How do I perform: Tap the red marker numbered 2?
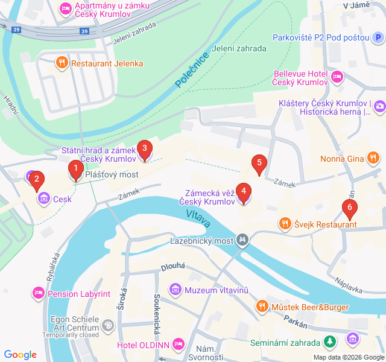[37, 179]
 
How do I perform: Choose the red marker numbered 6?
[349, 209]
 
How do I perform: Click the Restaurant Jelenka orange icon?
[62, 63]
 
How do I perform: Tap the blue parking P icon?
[377, 38]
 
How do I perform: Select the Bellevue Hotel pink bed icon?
[337, 77]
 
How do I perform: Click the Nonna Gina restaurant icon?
[373, 158]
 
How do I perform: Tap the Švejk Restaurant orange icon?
[285, 224]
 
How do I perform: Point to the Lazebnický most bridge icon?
[242, 240]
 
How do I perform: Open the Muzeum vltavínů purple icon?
[176, 290]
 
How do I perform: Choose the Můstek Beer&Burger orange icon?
[262, 306]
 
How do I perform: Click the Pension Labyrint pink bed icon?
[38, 294]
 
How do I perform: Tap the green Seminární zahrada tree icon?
[329, 343]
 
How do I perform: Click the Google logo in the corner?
[21, 355]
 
